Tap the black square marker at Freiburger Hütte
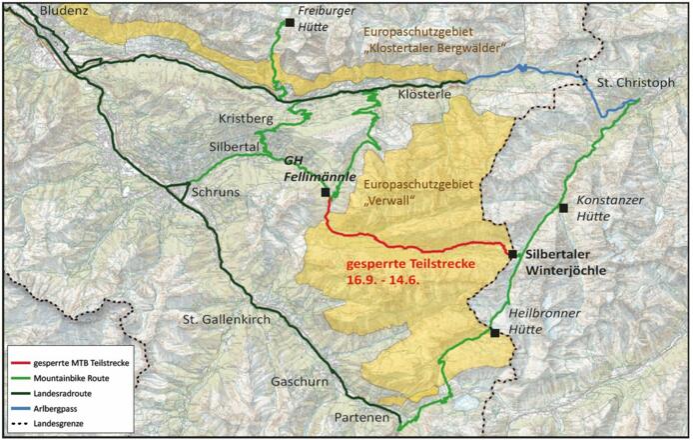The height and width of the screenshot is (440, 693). click(x=289, y=22)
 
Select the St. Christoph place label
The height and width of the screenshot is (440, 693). click(x=635, y=82)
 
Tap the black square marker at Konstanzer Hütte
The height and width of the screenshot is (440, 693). click(x=564, y=208)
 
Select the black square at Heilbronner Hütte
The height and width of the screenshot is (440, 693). click(x=494, y=333)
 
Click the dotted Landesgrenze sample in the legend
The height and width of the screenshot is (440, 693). click(x=18, y=424)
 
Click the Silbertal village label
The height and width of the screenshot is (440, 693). click(x=235, y=146)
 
